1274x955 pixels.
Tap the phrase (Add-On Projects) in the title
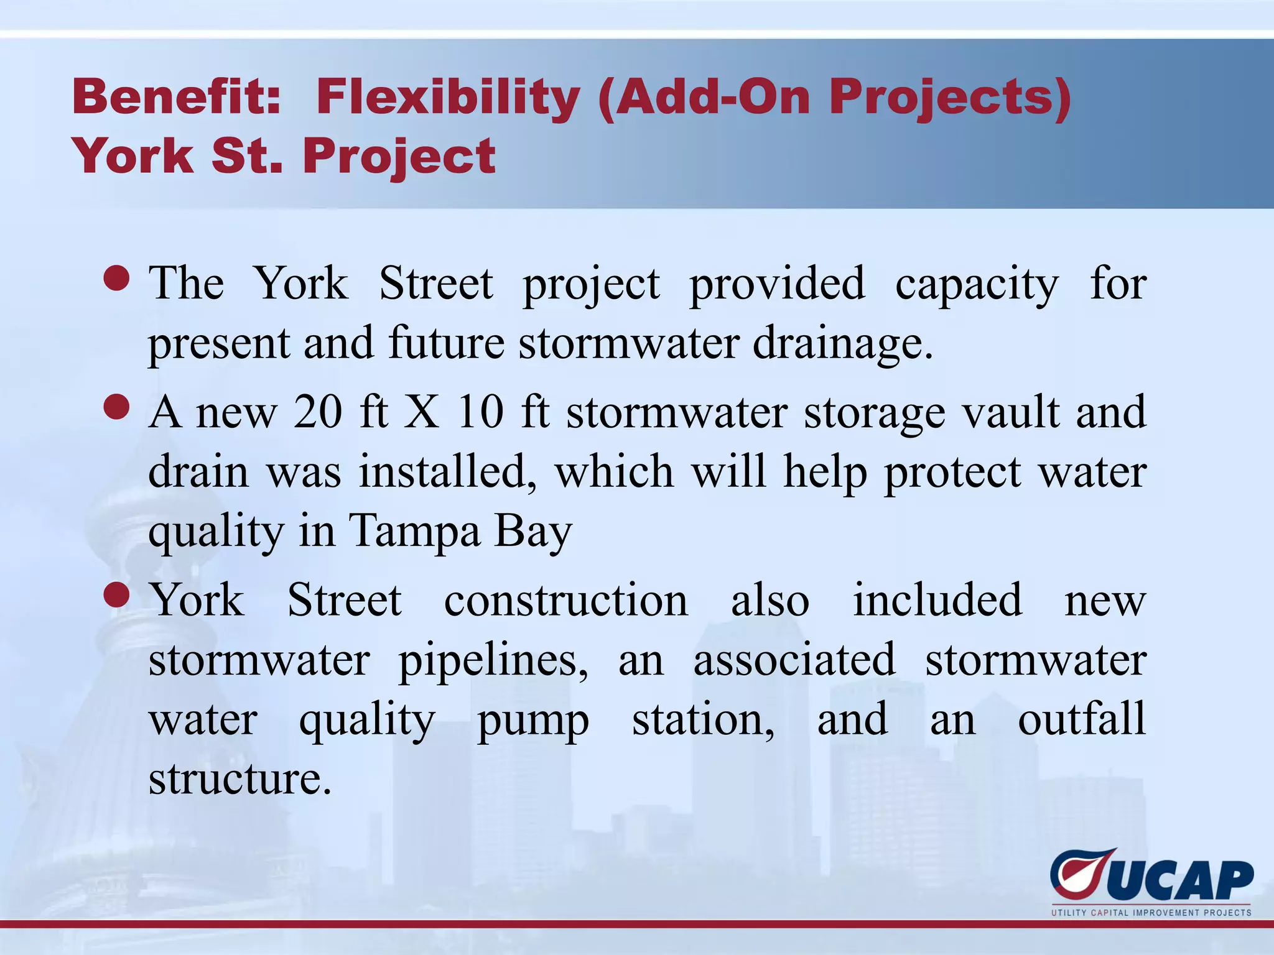tap(834, 98)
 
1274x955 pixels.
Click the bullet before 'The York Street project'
tap(117, 279)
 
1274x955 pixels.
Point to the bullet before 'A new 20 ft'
tap(117, 408)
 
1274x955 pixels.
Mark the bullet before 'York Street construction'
tap(117, 596)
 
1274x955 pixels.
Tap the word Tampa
tap(415, 532)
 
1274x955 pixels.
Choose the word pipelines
tap(493, 660)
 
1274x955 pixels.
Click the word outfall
tap(1081, 719)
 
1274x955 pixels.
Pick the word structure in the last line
tap(240, 778)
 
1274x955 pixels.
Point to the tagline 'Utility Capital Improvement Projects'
tap(1151, 913)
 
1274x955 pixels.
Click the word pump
tap(533, 721)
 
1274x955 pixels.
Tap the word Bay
tap(533, 532)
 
